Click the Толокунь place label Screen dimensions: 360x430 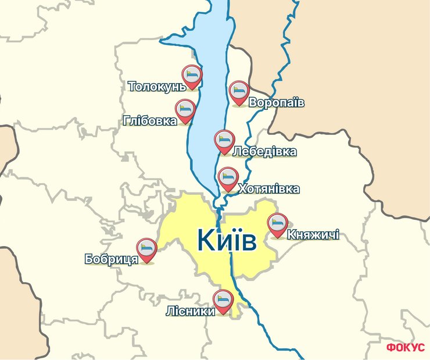point(156,87)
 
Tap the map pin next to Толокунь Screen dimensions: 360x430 point(192,76)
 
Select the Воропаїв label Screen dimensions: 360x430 point(277,103)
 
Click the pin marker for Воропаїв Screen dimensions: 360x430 point(239,92)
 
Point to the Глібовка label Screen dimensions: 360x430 point(150,122)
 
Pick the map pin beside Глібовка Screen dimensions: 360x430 point(185,110)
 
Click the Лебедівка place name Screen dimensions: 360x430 point(264,152)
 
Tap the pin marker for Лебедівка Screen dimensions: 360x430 point(224,141)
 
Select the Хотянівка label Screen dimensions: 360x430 point(269,189)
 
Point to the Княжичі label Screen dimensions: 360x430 point(313,236)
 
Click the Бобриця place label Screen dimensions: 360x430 point(111,259)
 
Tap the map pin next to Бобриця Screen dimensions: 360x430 point(146,249)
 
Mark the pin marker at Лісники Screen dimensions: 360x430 point(223,301)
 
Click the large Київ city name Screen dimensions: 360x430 point(226,240)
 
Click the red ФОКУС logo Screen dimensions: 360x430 point(405,348)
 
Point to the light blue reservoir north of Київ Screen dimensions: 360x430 point(206,128)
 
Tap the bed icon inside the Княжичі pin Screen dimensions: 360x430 point(277,223)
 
